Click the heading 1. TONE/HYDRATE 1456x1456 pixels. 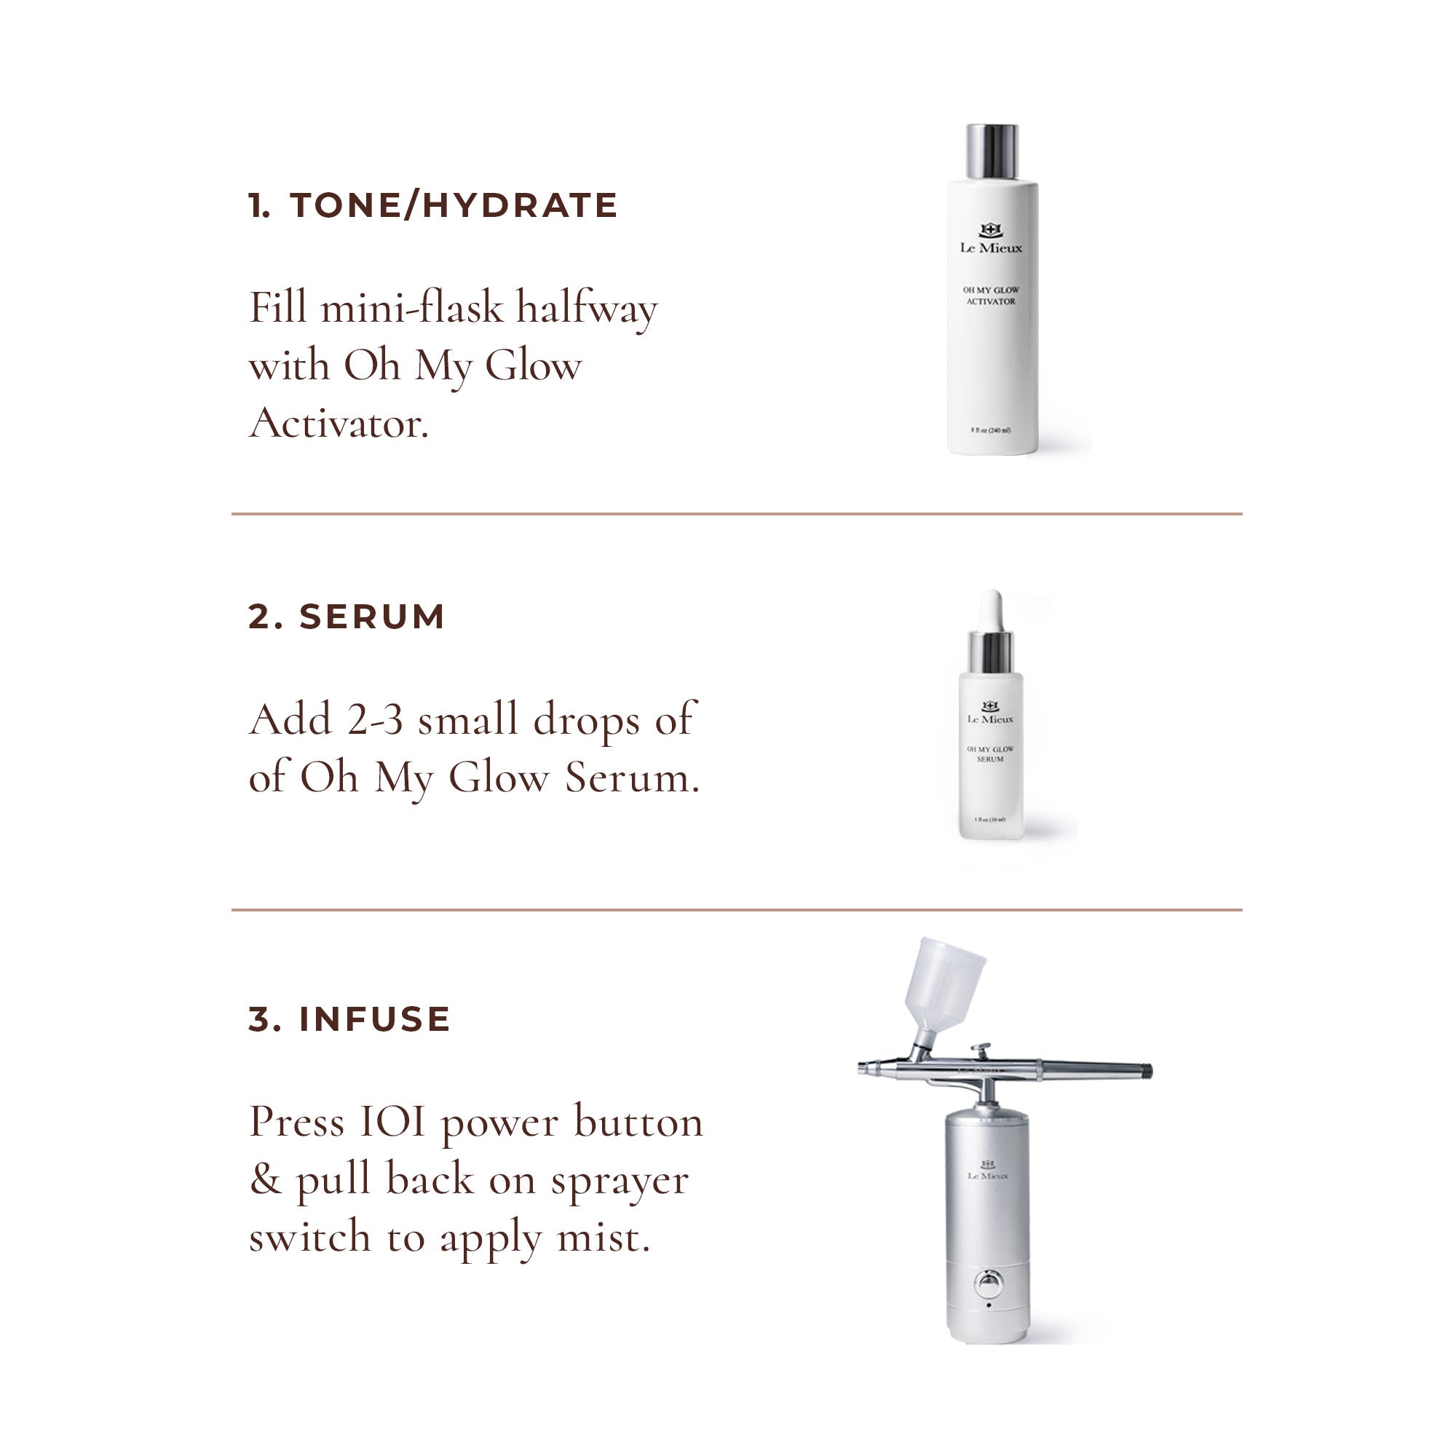[432, 206]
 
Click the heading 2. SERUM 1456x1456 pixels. [346, 617]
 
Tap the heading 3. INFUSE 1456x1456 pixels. [349, 1019]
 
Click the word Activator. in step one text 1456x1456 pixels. [339, 424]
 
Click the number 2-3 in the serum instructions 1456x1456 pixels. [374, 720]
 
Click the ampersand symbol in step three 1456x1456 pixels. [264, 1180]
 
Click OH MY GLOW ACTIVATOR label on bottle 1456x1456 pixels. [990, 296]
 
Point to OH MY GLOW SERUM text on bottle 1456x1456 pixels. [989, 753]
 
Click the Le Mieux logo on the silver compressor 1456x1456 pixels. [988, 1171]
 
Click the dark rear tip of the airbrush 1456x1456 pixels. [1147, 1069]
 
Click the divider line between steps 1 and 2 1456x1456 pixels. [736, 514]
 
